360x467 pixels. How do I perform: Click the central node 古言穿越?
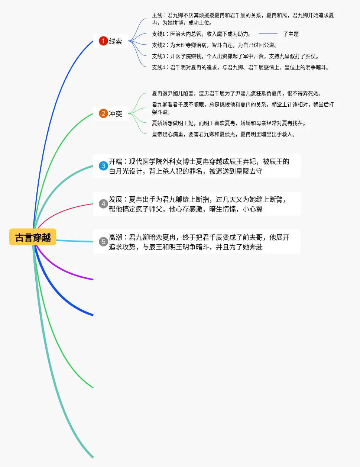click(33, 237)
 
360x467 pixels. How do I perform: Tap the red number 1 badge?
click(103, 41)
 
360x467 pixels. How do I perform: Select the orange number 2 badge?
click(103, 113)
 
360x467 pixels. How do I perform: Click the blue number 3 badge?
click(103, 166)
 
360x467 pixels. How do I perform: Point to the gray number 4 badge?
click(103, 204)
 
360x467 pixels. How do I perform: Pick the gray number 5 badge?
click(103, 242)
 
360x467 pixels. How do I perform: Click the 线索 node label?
click(116, 41)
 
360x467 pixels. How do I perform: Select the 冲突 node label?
click(116, 114)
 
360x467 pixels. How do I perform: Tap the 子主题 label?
click(291, 34)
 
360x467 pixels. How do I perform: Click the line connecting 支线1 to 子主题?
click(268, 34)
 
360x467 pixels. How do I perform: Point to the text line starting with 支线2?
click(215, 45)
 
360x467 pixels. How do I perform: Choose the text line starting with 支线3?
click(235, 56)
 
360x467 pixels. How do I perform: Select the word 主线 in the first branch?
click(157, 15)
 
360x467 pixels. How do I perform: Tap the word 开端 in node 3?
click(116, 161)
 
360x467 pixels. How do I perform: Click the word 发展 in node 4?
click(116, 199)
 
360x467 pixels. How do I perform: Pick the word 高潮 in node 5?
click(116, 237)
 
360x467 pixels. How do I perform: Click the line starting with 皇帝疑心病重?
click(224, 134)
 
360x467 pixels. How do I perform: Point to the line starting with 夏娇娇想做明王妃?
click(229, 123)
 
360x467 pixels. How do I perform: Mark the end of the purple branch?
click(93, 279)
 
